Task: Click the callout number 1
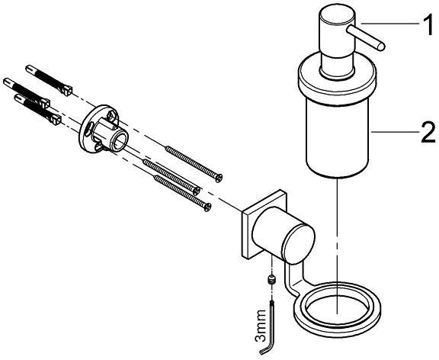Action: (428, 25)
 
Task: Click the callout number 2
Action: (428, 132)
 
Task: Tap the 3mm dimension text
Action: (261, 326)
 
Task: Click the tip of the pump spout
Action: (381, 47)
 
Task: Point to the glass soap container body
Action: (339, 140)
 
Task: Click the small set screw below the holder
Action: (271, 279)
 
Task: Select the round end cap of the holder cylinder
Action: (299, 244)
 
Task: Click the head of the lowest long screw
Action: (207, 207)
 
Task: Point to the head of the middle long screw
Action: (197, 191)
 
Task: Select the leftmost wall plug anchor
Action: (27, 92)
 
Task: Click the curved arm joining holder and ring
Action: (291, 280)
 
